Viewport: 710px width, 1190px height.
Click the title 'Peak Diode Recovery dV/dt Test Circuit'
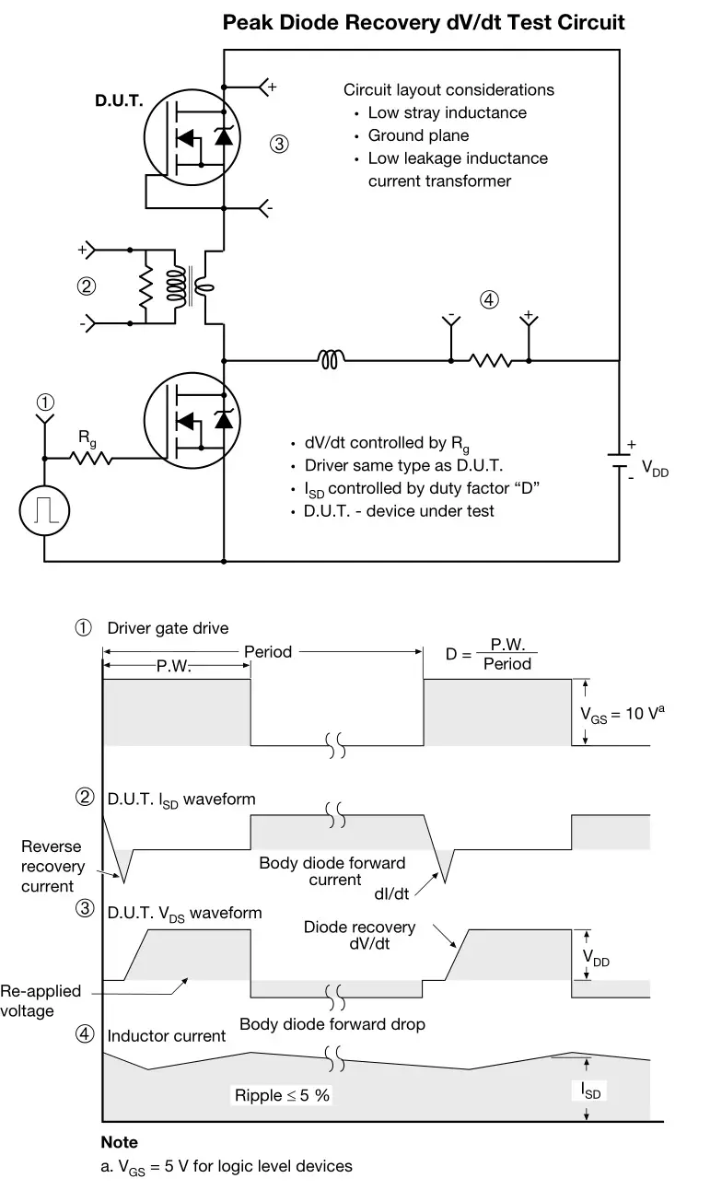(x=424, y=22)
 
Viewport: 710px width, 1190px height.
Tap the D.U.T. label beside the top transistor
(x=119, y=100)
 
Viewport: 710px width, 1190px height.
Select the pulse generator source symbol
(x=44, y=508)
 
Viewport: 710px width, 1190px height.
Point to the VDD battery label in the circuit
(x=655, y=470)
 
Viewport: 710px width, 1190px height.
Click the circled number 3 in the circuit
(x=280, y=144)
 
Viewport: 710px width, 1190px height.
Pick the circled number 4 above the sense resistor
(x=490, y=299)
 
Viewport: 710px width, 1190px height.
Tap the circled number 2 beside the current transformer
(x=87, y=286)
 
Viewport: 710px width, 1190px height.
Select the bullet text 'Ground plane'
(x=418, y=135)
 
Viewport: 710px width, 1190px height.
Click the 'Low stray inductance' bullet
(x=447, y=112)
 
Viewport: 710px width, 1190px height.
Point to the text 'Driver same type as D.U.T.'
(x=403, y=465)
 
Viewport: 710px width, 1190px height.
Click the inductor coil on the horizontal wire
(x=332, y=360)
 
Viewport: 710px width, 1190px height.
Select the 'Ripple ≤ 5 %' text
(x=281, y=1095)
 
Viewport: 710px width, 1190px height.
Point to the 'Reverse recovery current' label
(x=52, y=866)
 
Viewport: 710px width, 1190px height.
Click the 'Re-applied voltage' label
(x=41, y=1000)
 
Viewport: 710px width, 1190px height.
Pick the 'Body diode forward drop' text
(x=332, y=1023)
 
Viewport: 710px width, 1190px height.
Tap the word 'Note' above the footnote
(x=119, y=1142)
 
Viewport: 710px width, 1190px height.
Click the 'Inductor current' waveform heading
(x=166, y=1036)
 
